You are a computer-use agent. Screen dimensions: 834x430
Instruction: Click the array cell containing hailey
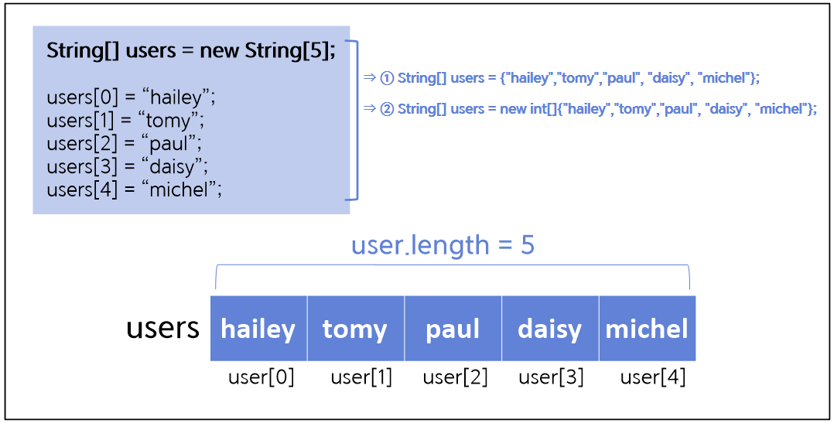pyautogui.click(x=258, y=329)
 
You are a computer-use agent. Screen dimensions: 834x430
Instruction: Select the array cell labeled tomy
pyautogui.click(x=355, y=329)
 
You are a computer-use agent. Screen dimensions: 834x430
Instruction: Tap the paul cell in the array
pyautogui.click(x=453, y=329)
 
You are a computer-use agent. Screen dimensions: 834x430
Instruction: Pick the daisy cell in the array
pyautogui.click(x=549, y=329)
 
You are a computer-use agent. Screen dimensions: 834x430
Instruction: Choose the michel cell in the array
pyautogui.click(x=647, y=329)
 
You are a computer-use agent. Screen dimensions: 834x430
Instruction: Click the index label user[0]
pyautogui.click(x=261, y=377)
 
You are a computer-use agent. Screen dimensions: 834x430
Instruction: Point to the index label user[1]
pyautogui.click(x=361, y=377)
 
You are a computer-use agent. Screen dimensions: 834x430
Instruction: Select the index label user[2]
pyautogui.click(x=455, y=377)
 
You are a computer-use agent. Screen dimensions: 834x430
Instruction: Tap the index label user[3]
pyautogui.click(x=551, y=377)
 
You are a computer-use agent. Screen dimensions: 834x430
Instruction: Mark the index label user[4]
pyautogui.click(x=653, y=377)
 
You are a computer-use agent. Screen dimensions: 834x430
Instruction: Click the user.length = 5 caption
pyautogui.click(x=443, y=245)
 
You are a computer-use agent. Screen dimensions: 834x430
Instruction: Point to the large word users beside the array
pyautogui.click(x=162, y=328)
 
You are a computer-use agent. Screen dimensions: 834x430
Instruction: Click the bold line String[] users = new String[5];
pyautogui.click(x=191, y=52)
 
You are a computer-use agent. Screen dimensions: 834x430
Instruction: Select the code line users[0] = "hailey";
pyautogui.click(x=131, y=98)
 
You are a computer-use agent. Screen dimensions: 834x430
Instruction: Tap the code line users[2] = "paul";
pyautogui.click(x=125, y=144)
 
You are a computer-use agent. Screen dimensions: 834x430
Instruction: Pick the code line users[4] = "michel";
pyautogui.click(x=134, y=189)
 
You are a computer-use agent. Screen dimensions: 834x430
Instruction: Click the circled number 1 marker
pyautogui.click(x=388, y=78)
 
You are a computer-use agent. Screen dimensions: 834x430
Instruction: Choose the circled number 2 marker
pyautogui.click(x=388, y=109)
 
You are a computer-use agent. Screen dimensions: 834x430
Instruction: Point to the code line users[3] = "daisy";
pyautogui.click(x=128, y=166)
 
